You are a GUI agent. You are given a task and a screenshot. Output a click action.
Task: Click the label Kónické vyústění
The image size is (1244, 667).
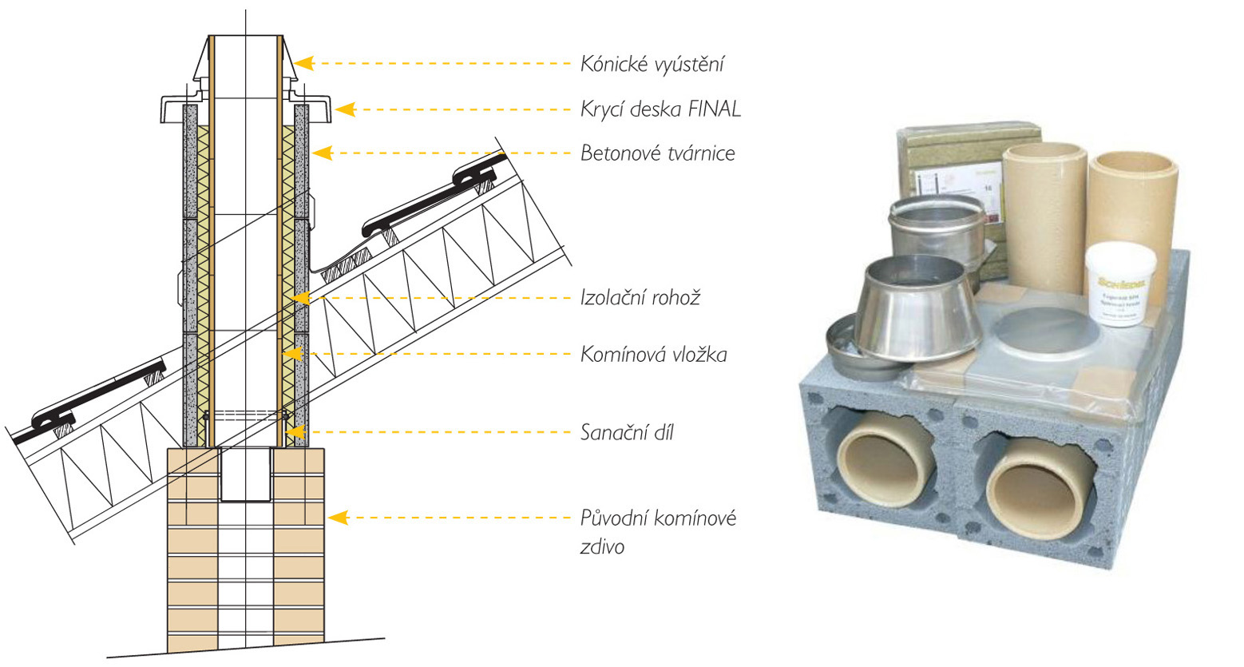tap(652, 65)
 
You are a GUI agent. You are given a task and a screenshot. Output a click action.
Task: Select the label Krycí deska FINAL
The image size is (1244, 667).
tap(660, 109)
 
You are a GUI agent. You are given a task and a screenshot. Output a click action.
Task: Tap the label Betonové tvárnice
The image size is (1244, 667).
tap(657, 153)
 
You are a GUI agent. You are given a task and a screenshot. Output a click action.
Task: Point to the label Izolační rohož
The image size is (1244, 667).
tap(640, 299)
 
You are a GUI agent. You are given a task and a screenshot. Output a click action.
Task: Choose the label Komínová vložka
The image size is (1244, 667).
tap(653, 354)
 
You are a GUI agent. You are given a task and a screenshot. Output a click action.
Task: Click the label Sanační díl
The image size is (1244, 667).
tap(627, 433)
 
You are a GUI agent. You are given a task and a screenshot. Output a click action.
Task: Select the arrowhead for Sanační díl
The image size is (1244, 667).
tap(295, 432)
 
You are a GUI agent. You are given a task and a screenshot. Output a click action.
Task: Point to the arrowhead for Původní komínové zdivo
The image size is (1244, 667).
tap(339, 518)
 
